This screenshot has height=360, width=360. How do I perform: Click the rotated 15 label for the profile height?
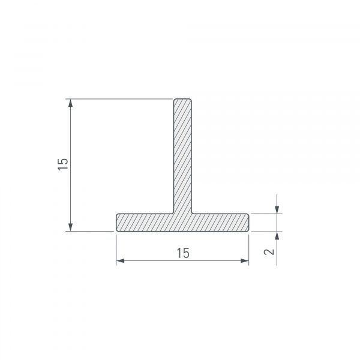click(63, 164)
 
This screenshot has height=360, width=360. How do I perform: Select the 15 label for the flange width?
click(183, 253)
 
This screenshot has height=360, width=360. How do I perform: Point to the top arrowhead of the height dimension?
click(70, 103)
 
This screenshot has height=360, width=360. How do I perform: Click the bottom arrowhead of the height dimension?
click(70, 227)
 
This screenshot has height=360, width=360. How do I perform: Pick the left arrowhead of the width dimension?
click(121, 260)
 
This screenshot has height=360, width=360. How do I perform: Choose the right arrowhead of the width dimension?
click(245, 260)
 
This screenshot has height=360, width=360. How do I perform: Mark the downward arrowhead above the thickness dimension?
click(277, 209)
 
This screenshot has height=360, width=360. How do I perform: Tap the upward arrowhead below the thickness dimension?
click(277, 236)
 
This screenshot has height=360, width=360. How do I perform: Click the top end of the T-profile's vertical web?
click(182, 99)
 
